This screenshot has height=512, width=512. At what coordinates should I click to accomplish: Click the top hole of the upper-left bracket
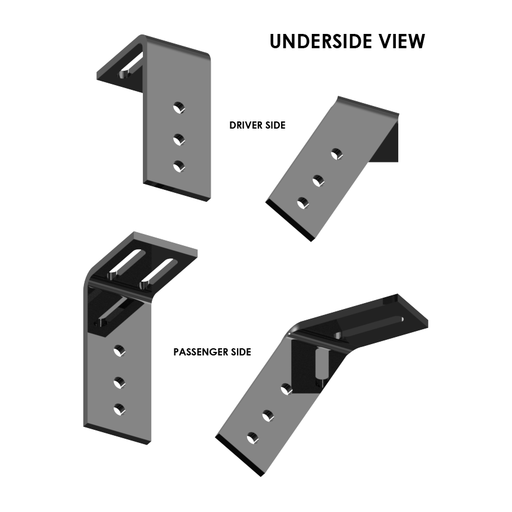coord(178,108)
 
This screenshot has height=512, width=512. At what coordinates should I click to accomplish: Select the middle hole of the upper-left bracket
coord(178,139)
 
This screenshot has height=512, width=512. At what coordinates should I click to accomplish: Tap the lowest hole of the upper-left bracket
coord(179,166)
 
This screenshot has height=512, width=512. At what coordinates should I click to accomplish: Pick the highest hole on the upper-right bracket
coord(337,155)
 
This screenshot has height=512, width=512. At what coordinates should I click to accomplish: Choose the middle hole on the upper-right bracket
coord(319,180)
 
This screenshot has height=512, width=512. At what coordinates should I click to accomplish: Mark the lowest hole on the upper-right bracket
coord(303,204)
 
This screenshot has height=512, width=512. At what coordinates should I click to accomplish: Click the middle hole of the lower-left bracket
coord(119,382)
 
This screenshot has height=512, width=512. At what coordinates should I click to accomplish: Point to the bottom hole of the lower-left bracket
coord(119,409)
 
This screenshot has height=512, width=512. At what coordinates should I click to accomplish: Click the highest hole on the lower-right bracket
coord(286,389)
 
